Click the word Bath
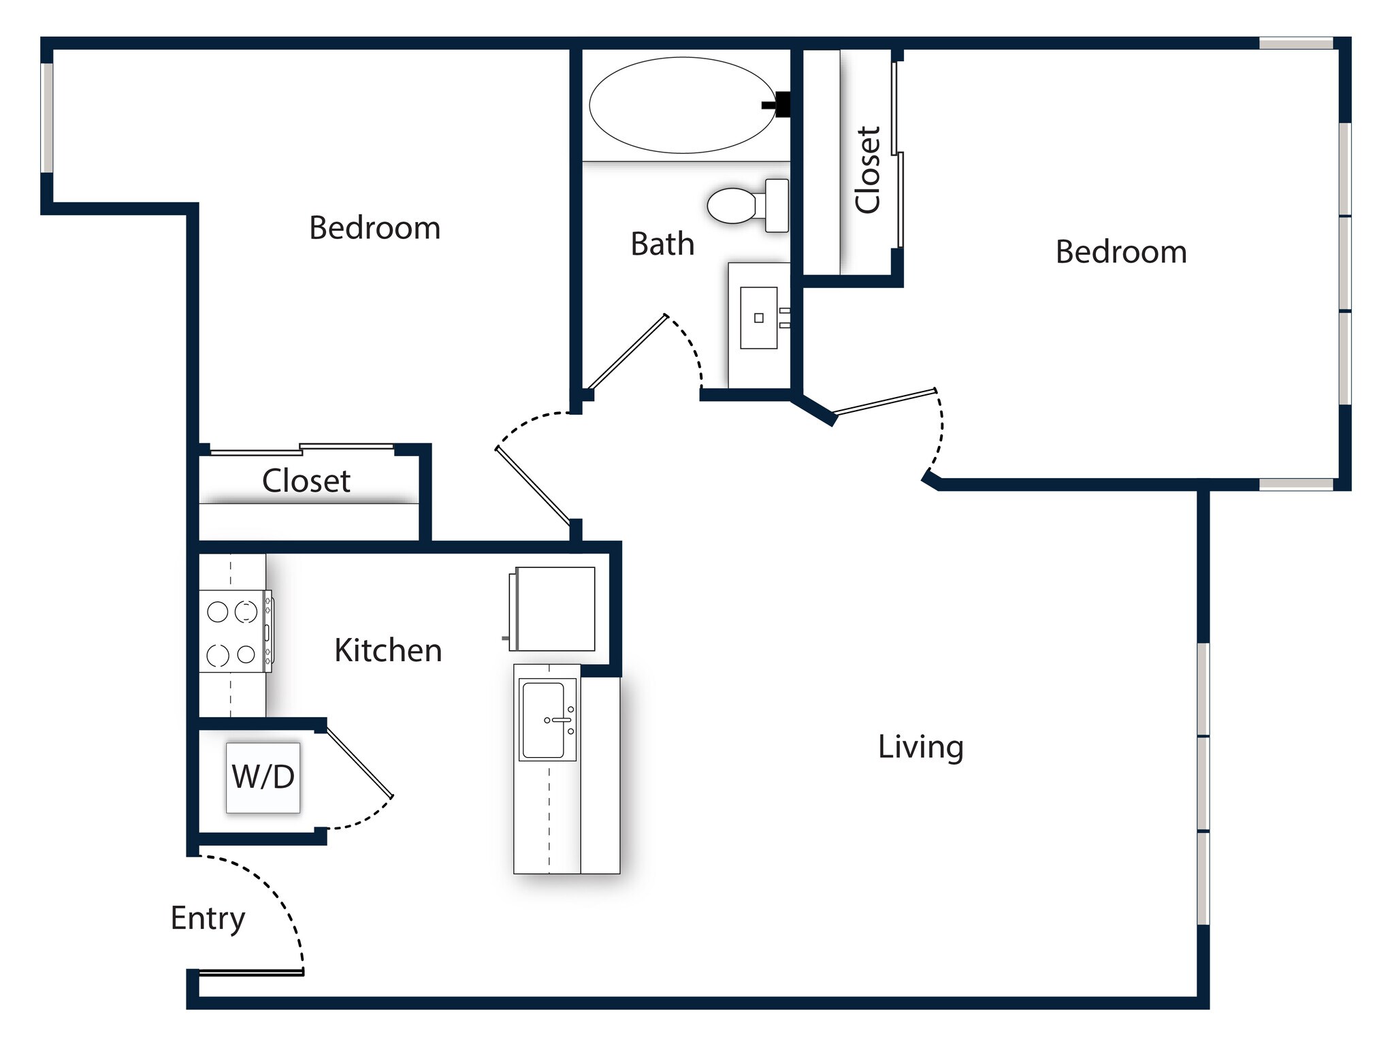(x=662, y=244)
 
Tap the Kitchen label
(x=388, y=650)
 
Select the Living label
(x=920, y=747)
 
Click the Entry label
(x=208, y=919)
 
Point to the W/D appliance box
(x=263, y=777)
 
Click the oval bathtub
(x=682, y=105)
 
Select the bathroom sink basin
(x=759, y=318)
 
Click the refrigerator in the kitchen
(x=554, y=609)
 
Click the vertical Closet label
(x=868, y=170)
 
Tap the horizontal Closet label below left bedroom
(x=306, y=481)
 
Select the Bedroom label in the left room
(x=374, y=227)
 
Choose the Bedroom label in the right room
(x=1121, y=252)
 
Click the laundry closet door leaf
(x=359, y=762)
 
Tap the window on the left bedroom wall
(x=47, y=118)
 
